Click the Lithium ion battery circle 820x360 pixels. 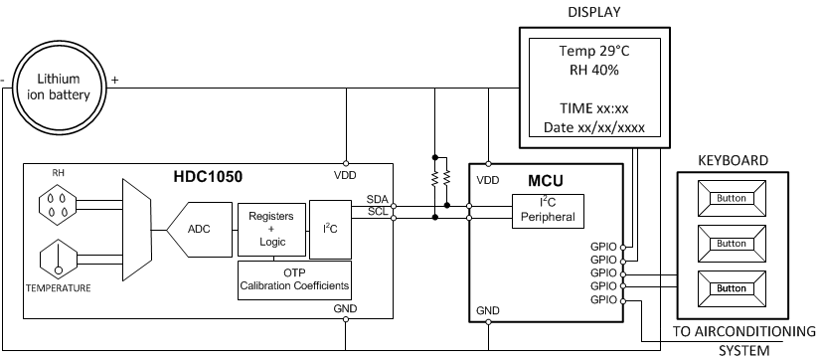click(x=64, y=87)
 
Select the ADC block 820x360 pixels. click(x=199, y=229)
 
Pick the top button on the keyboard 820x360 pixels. click(x=731, y=198)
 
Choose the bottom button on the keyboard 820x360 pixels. click(x=731, y=288)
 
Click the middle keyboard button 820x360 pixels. click(x=731, y=244)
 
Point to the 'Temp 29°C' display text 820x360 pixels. click(x=594, y=51)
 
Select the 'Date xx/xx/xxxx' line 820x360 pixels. click(x=594, y=127)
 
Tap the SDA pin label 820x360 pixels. click(x=378, y=199)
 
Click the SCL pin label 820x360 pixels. click(x=378, y=211)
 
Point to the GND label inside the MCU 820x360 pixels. click(x=488, y=309)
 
